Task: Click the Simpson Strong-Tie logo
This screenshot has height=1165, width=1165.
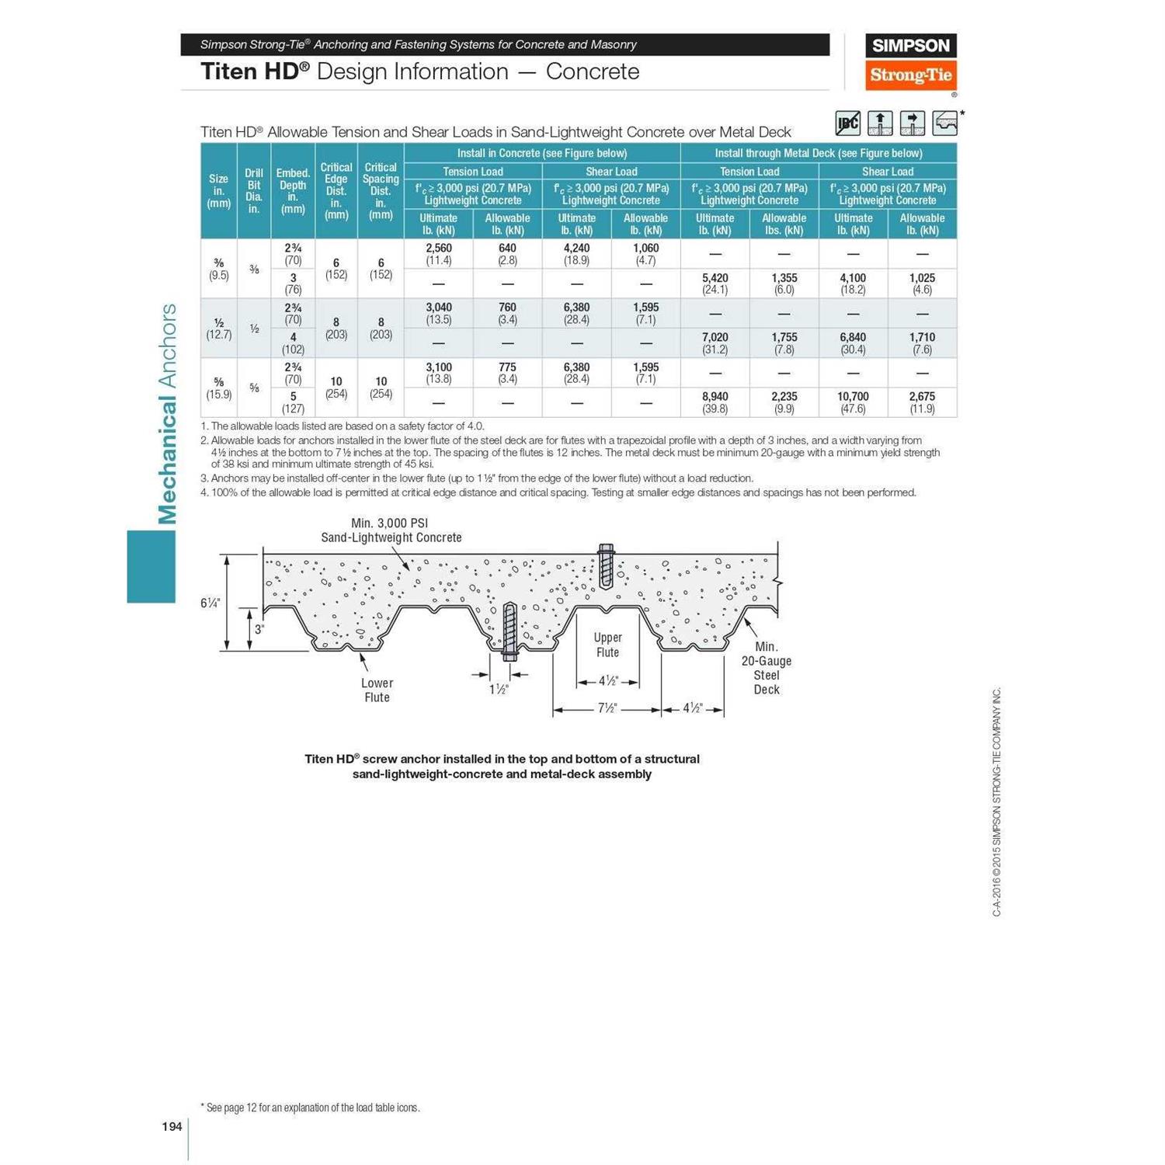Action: point(910,61)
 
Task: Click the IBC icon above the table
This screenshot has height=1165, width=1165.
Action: point(847,123)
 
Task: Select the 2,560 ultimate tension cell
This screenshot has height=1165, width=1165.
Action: point(438,254)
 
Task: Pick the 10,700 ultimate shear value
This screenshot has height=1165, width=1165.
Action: point(853,402)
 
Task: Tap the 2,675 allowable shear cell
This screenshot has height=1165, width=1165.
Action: point(922,402)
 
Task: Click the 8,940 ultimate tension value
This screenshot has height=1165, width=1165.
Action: point(715,402)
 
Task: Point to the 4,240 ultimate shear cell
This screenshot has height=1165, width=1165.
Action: point(576,254)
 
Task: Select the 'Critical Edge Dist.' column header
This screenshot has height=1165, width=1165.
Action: point(336,190)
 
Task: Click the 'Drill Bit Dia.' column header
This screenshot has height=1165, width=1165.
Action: point(254,190)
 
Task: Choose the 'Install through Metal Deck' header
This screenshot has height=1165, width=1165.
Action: point(819,153)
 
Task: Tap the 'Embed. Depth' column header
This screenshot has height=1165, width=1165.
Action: point(293,190)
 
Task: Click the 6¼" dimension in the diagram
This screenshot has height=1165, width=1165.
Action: point(210,603)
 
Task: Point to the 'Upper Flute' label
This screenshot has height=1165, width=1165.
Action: point(607,645)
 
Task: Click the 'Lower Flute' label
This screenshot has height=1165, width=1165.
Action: point(377,690)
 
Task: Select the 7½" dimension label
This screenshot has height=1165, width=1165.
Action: point(607,708)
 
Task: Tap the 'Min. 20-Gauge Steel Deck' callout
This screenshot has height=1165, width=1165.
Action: point(766,668)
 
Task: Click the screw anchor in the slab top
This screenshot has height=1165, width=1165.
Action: point(606,565)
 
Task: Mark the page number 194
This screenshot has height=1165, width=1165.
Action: point(172,1126)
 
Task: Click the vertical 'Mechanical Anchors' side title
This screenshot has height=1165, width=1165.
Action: point(167,413)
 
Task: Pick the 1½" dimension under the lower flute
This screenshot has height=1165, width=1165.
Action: point(499,689)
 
